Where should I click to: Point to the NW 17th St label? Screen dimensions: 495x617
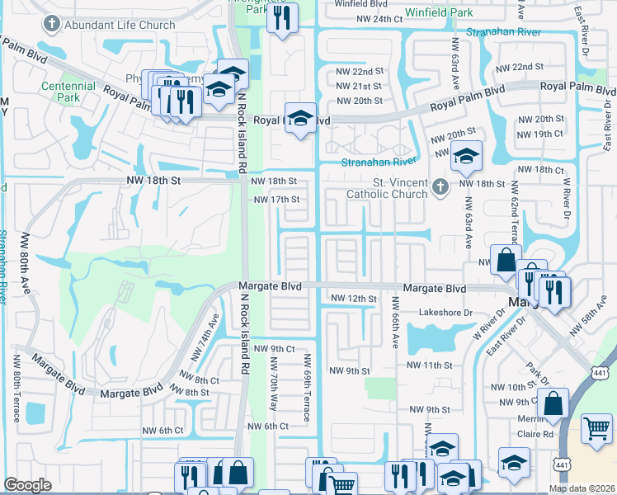pos(276,200)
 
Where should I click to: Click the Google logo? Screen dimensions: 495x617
pos(27,485)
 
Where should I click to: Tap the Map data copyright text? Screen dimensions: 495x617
pos(582,488)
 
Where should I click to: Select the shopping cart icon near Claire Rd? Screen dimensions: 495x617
pos(596,428)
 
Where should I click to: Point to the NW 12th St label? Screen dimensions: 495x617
pos(353,299)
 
